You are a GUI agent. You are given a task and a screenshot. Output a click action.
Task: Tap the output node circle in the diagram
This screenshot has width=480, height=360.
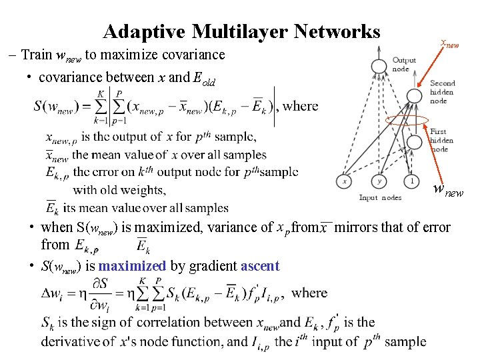click(379, 65)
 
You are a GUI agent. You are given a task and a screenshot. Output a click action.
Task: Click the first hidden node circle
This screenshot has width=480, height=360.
click(414, 142)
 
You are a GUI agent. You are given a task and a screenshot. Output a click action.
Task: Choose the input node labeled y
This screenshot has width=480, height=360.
click(379, 181)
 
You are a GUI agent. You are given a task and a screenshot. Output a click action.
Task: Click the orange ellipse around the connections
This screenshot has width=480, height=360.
click(407, 121)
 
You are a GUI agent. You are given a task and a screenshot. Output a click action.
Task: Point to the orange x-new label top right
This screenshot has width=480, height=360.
click(450, 44)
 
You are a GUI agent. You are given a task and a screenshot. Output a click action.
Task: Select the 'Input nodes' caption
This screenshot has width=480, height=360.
click(380, 197)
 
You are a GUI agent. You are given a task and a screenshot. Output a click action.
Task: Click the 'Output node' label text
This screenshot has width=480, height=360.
click(404, 65)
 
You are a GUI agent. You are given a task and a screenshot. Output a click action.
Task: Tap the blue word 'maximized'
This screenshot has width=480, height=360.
click(131, 266)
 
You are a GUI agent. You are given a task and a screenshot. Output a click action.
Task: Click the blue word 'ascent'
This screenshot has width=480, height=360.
click(260, 266)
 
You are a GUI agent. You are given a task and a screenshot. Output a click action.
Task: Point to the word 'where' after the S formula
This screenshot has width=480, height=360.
click(301, 105)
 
